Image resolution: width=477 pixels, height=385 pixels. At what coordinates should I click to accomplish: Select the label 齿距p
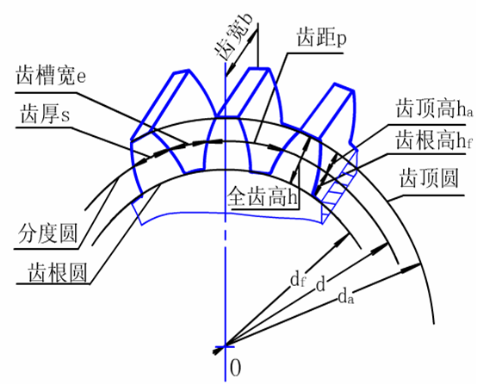pyautogui.click(x=321, y=37)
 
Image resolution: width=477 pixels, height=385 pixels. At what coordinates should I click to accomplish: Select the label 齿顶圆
pyautogui.click(x=430, y=178)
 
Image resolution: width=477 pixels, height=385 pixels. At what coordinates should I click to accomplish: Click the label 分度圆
pyautogui.click(x=47, y=233)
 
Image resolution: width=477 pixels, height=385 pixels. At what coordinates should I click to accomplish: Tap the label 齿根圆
pyautogui.click(x=58, y=272)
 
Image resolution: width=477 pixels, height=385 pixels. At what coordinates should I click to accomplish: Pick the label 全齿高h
pyautogui.click(x=262, y=196)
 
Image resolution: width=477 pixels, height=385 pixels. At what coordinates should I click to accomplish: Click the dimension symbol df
pyautogui.click(x=298, y=280)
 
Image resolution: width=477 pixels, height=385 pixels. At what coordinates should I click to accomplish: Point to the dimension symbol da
pyautogui.click(x=346, y=295)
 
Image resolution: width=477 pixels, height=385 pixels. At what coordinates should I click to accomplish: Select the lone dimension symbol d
pyautogui.click(x=320, y=285)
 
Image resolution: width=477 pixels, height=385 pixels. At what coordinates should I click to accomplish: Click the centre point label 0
pyautogui.click(x=235, y=368)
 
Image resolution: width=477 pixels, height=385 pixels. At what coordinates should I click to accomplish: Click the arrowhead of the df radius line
pyautogui.click(x=341, y=240)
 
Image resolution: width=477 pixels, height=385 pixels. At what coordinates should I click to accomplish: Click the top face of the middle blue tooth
pyautogui.click(x=259, y=70)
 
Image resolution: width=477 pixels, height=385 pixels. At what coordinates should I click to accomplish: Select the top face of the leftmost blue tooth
pyautogui.click(x=182, y=71)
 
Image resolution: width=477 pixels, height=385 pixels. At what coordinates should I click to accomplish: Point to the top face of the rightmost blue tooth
pyautogui.click(x=344, y=86)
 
